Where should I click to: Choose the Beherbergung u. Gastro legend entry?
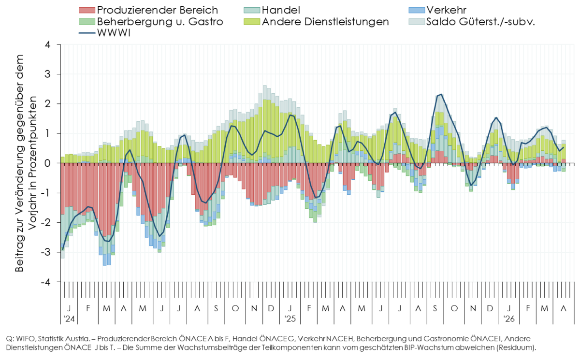(x=159, y=22)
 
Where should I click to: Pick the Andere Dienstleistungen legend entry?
(x=324, y=22)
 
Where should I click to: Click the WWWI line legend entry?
(x=121, y=34)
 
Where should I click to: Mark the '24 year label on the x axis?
(x=69, y=319)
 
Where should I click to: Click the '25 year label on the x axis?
(x=290, y=319)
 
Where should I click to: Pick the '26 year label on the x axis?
(x=509, y=319)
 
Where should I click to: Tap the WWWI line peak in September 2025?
(x=441, y=94)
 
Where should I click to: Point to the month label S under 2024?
(x=216, y=308)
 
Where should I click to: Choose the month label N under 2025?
(x=473, y=308)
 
